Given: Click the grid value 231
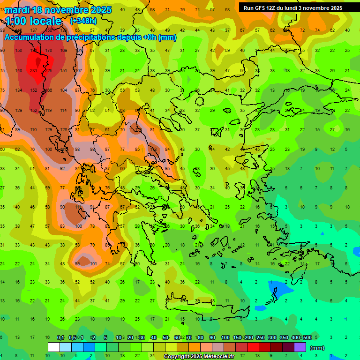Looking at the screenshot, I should (x=34, y=70).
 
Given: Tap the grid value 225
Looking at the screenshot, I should (x=48, y=70).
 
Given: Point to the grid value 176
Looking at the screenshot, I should (x=48, y=51).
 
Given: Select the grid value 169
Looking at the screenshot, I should (x=63, y=51).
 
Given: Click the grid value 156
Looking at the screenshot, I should (x=19, y=51).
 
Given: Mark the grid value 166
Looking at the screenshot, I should (x=48, y=90).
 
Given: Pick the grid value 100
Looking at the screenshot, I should (x=78, y=226).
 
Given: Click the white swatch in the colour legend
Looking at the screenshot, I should (x=54, y=347).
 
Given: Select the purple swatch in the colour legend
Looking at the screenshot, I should (x=300, y=347).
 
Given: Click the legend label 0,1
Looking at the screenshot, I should (x=60, y=337).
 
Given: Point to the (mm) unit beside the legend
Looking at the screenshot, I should (x=317, y=348).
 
